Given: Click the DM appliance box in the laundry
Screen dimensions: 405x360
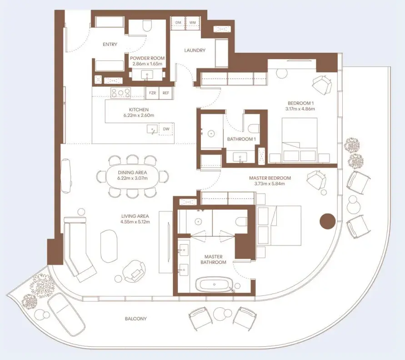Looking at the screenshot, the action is (x=178, y=23).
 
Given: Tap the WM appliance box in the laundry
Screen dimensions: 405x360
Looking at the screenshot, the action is (x=193, y=23).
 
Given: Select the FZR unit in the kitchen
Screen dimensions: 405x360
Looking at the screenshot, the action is (x=152, y=93).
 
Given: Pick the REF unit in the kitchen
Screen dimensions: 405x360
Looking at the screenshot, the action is (x=166, y=93).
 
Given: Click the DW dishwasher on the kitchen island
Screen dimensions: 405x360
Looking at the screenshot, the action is (x=166, y=129).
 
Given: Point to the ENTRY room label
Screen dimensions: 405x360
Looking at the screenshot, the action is (x=110, y=45).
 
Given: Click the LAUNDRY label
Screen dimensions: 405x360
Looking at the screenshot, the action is (x=195, y=50).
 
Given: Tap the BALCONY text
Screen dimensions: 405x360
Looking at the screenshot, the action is (x=136, y=319).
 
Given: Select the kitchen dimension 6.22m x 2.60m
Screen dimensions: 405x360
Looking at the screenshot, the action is (x=139, y=115).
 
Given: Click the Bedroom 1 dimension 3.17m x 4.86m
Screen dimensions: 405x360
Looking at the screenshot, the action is (x=300, y=109).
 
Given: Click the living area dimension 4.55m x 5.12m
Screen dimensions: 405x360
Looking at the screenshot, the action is (x=135, y=222).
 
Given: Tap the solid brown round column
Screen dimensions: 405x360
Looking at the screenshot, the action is (x=328, y=221).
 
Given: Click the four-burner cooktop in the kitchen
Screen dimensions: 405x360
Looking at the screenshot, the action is (x=120, y=93).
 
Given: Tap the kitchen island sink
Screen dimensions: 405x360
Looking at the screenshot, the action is (x=152, y=129).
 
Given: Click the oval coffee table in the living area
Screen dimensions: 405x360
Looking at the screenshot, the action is (x=109, y=246).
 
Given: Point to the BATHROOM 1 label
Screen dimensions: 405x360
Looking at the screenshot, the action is (x=241, y=139).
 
